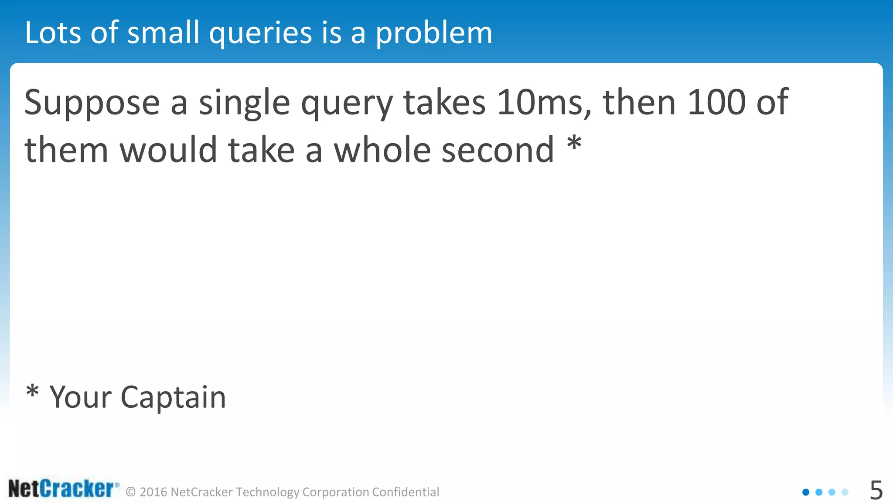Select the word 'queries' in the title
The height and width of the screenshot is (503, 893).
tap(261, 34)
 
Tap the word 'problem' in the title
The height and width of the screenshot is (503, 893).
tap(434, 34)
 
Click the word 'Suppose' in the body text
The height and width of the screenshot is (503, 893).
tap(92, 104)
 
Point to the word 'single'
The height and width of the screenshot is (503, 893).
tap(244, 104)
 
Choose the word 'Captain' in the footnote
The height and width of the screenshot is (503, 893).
tap(173, 398)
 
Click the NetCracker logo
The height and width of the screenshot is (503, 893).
tap(63, 489)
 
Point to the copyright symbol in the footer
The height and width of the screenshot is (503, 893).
tap(131, 492)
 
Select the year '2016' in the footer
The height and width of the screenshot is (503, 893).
tap(153, 492)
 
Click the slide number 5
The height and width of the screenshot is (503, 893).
tap(876, 490)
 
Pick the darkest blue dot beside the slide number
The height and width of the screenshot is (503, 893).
tap(806, 492)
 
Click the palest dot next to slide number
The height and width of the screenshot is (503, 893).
tap(845, 492)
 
